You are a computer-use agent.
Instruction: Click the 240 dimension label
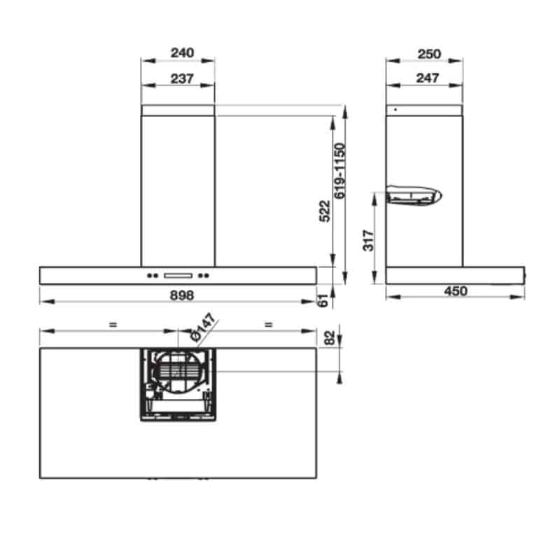[182, 53]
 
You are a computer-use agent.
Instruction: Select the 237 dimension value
[182, 78]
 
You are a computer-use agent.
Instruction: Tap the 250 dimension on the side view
[429, 55]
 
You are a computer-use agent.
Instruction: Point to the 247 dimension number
[428, 78]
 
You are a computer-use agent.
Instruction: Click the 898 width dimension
[182, 295]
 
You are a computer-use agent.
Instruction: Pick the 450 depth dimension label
[456, 291]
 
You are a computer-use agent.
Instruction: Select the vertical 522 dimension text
[325, 211]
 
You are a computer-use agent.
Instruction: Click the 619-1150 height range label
[340, 171]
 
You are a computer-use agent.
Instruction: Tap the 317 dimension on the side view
[369, 240]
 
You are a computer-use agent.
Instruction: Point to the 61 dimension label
[323, 300]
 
